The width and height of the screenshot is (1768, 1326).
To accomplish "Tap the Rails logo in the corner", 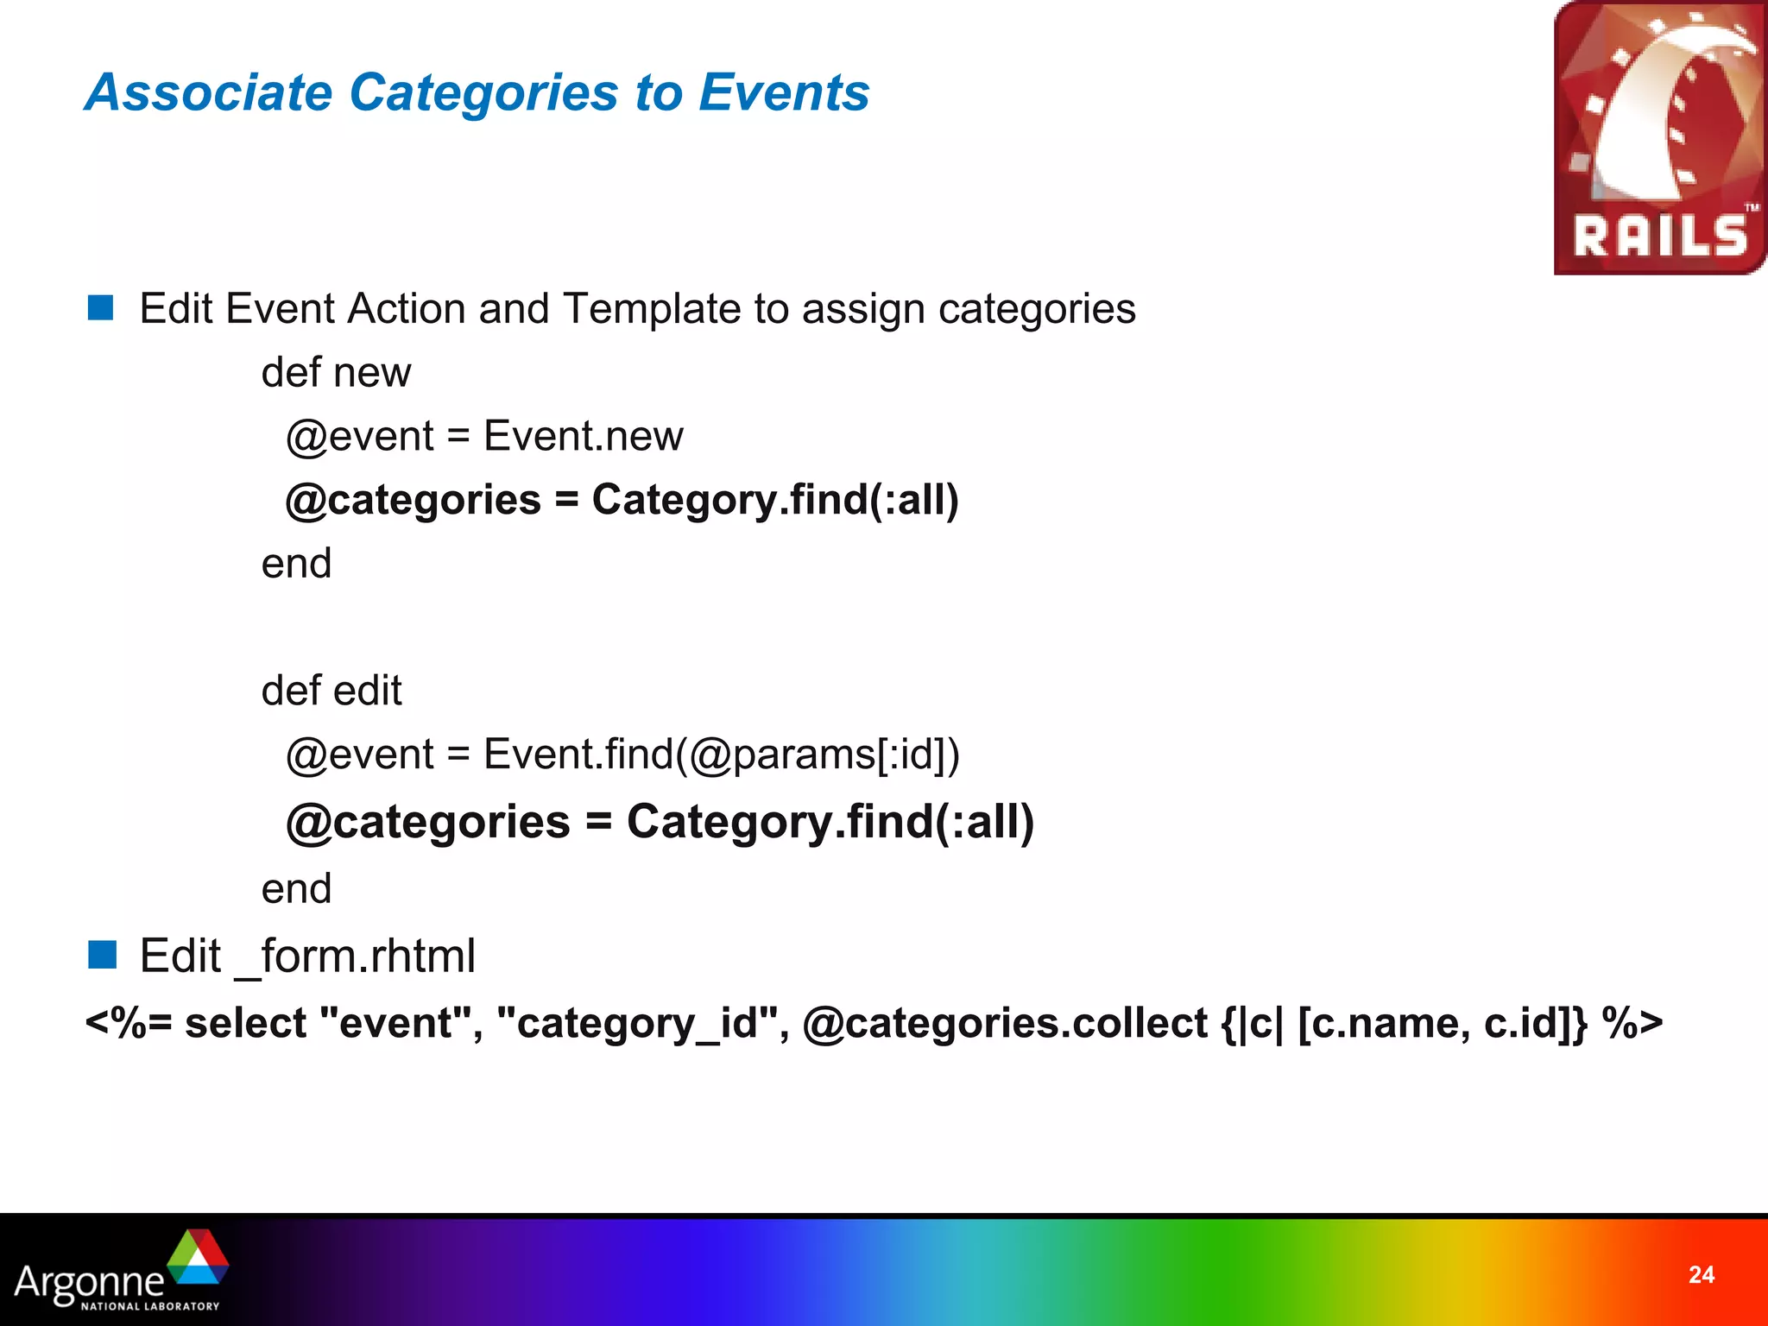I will pos(1659,138).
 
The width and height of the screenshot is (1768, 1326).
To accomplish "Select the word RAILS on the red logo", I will pos(1659,237).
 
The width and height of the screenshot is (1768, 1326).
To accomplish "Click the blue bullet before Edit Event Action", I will pos(101,308).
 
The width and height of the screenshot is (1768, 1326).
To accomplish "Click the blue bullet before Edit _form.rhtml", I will pos(101,956).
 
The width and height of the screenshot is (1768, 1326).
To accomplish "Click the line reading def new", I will pos(336,373).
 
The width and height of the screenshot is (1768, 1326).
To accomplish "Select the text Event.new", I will pos(583,436).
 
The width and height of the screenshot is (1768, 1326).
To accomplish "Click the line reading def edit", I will pos(331,691).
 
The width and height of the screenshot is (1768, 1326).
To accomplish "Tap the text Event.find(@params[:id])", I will pos(721,755).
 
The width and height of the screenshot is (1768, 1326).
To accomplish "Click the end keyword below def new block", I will pos(296,564).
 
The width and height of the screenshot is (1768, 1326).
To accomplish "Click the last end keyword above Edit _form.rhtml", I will pos(296,889).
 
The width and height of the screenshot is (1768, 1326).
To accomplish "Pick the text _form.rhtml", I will pos(355,957).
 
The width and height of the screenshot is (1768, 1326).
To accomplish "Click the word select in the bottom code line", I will pos(245,1024).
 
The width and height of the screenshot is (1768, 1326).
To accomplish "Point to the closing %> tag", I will pos(1632,1024).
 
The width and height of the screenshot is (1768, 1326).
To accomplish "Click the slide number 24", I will pos(1701,1275).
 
